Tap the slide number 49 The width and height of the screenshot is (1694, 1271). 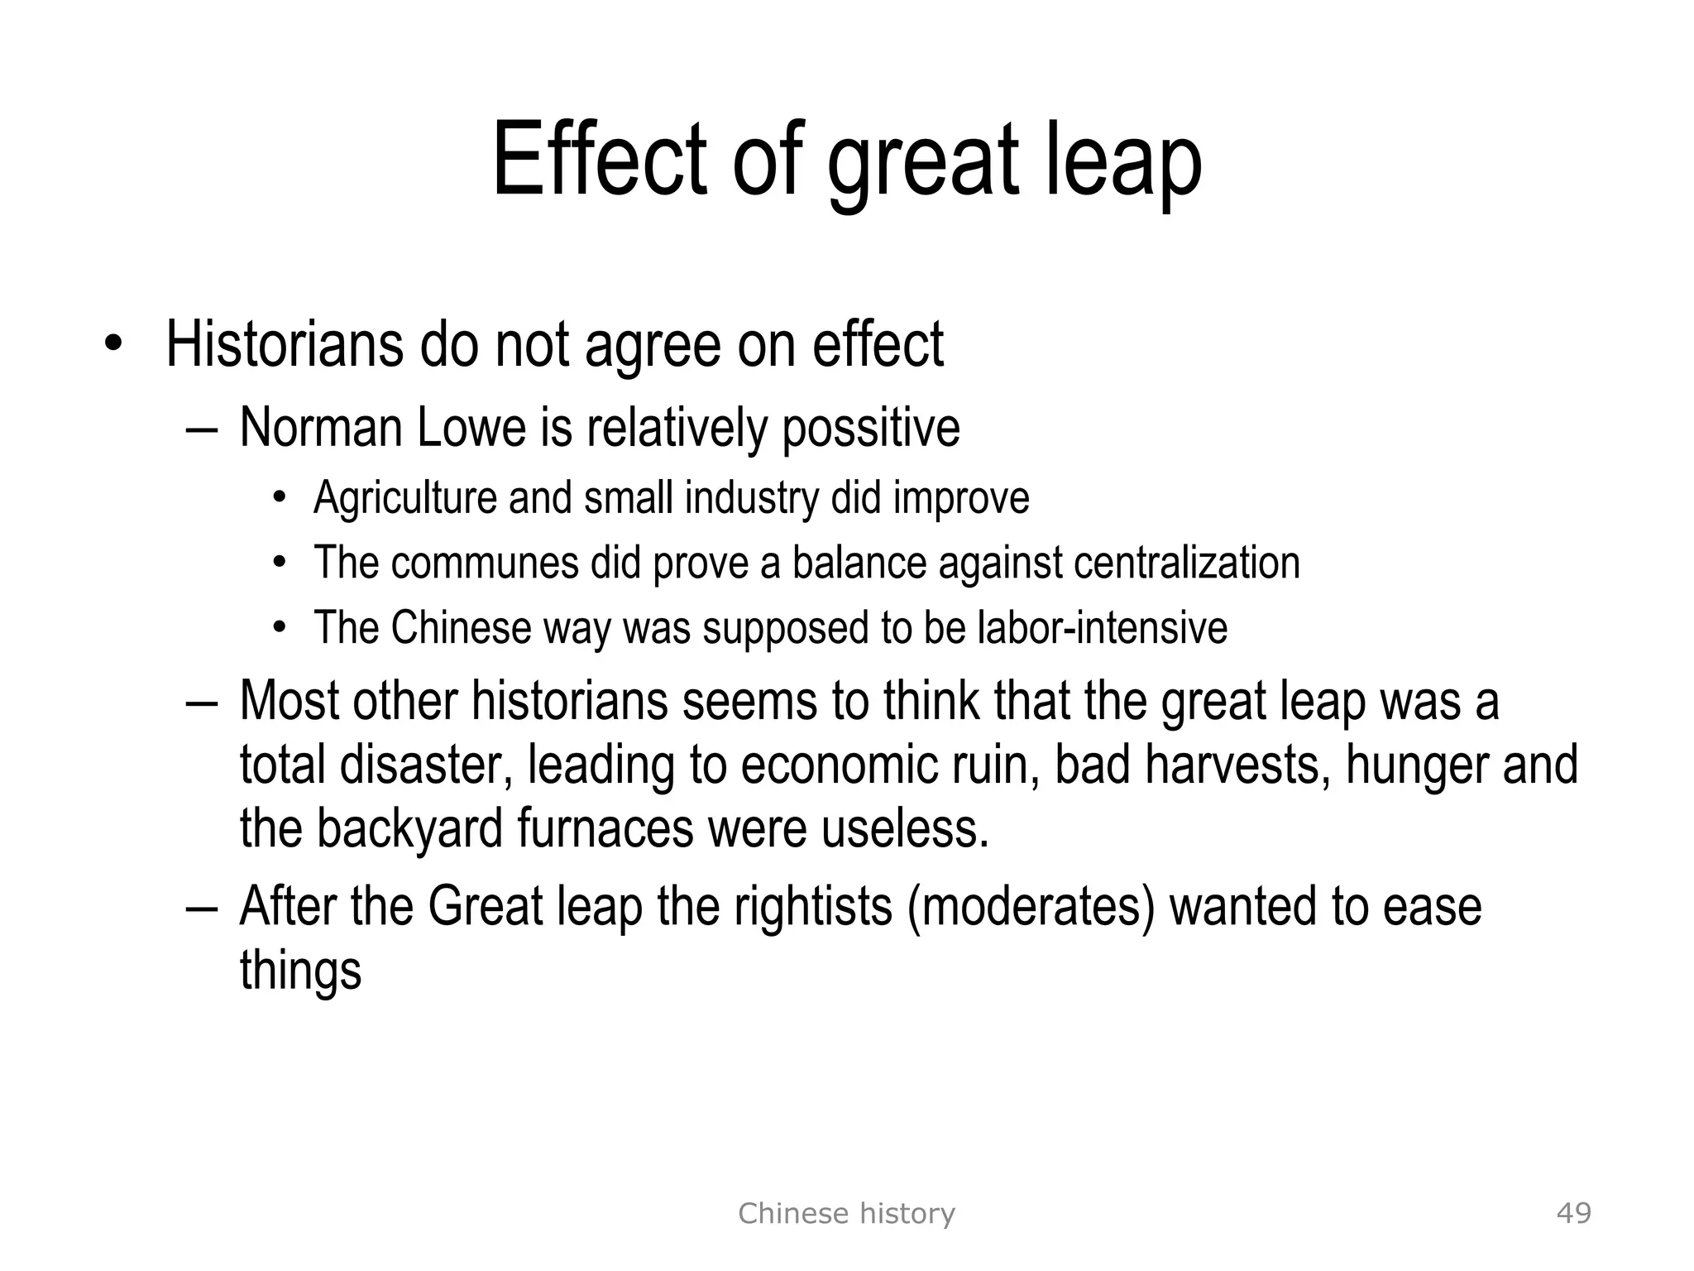coord(1573,1213)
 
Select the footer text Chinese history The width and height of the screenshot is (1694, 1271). coord(846,1213)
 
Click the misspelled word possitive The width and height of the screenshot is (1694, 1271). coord(870,429)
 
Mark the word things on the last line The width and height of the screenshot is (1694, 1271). coord(300,970)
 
